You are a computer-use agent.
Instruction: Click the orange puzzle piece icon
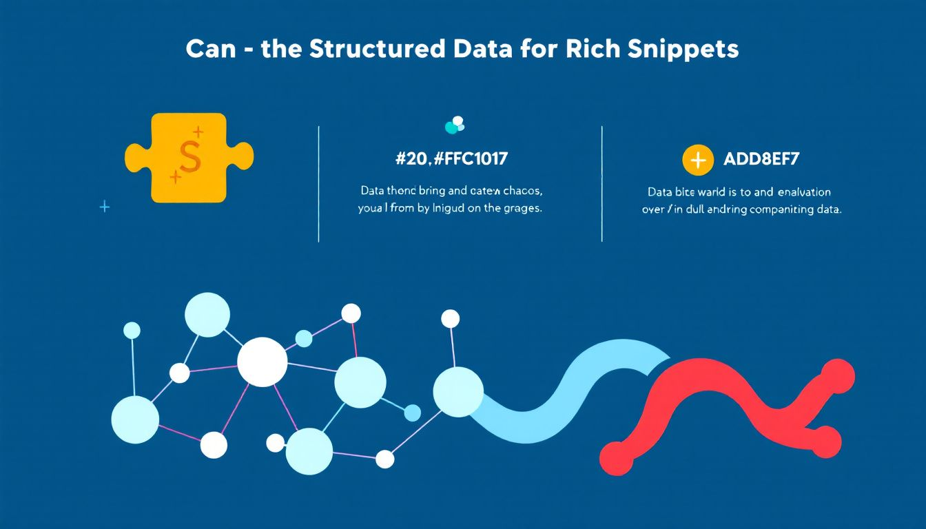tap(187, 158)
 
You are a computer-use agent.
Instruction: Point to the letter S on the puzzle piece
tap(189, 157)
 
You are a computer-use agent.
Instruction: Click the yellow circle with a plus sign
tap(697, 160)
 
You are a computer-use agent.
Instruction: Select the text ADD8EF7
tap(761, 160)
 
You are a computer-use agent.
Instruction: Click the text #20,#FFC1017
tap(451, 159)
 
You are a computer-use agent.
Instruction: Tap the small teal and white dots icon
tap(455, 125)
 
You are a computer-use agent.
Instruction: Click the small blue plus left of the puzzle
tap(105, 206)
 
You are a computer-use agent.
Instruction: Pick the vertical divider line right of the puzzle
tap(318, 183)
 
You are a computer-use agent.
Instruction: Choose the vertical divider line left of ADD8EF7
tap(602, 183)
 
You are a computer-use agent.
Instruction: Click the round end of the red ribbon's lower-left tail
tap(616, 457)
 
